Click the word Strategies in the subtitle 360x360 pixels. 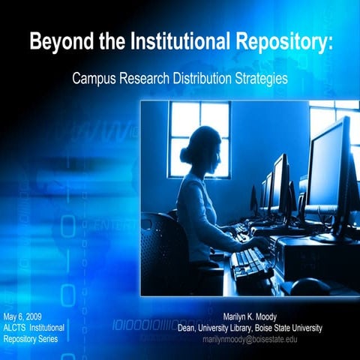[259, 78]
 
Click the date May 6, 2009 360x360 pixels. [22, 308]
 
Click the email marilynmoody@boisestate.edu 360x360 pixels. [250, 339]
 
